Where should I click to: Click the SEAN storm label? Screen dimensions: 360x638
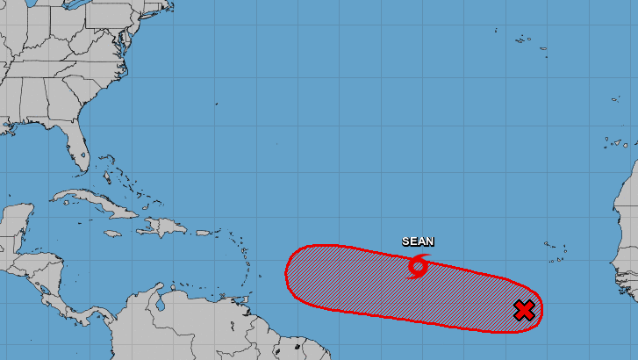[x=418, y=241]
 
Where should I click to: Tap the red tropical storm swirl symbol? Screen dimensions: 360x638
[x=418, y=265]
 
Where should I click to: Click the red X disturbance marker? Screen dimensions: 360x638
[x=524, y=310]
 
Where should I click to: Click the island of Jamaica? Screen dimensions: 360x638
[x=111, y=234]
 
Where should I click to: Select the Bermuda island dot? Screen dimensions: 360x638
[x=217, y=104]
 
